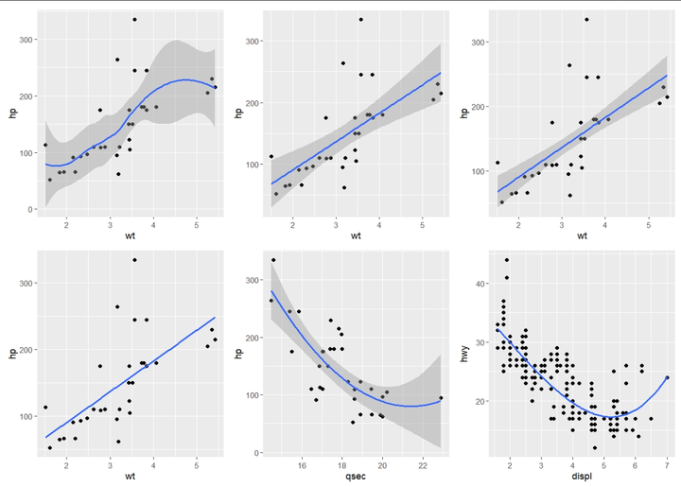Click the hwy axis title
464,353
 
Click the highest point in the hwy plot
507,260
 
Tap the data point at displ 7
667,377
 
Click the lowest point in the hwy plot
594,447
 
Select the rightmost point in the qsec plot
441,398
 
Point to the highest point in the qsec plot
273,260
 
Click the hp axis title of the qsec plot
239,353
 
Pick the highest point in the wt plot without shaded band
134,260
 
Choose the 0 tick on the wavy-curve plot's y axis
31,209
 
